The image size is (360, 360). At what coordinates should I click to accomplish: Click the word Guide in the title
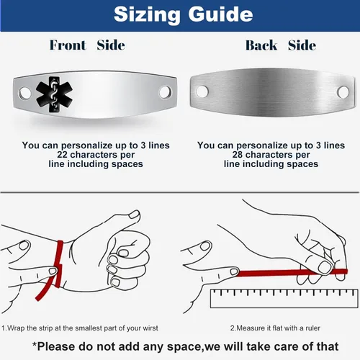220,15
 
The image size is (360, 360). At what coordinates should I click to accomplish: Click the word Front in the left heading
68,45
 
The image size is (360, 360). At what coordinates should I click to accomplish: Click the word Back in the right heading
261,45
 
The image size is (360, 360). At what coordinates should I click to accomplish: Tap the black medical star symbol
54,94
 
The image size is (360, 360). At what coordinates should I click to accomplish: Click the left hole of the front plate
24,93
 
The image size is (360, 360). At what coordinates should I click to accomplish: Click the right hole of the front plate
165,92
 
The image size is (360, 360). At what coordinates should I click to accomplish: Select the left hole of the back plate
202,91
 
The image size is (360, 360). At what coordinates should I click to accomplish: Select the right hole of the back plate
343,92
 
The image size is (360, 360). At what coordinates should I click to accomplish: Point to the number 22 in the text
62,155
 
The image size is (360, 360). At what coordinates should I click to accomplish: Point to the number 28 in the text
238,155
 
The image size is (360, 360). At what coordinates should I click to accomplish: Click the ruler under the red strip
284,298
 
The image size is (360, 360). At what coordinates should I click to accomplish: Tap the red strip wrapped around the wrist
58,265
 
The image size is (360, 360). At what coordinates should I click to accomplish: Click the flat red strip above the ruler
292,273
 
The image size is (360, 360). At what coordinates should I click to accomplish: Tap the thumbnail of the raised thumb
135,214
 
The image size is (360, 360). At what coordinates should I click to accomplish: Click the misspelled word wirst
150,328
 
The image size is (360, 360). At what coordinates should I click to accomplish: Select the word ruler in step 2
313,328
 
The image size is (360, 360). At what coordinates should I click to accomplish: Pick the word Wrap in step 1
16,328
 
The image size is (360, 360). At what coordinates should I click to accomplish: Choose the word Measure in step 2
250,328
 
